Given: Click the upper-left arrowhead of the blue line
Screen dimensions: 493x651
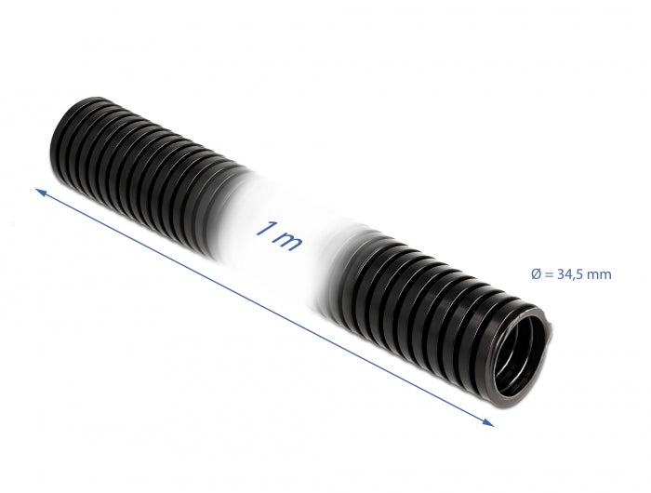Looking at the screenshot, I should [42, 193].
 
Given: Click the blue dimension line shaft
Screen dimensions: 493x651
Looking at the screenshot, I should [265, 308].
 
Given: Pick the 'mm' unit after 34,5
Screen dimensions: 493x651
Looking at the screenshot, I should [599, 273].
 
